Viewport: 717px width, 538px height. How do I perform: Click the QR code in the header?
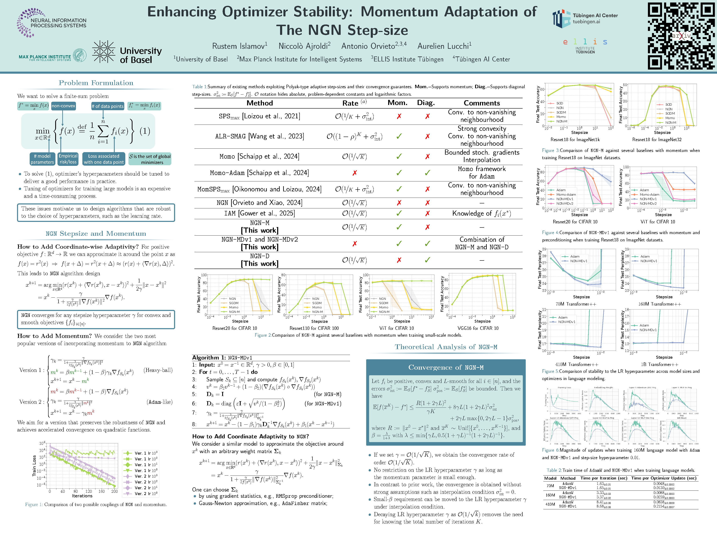pos(681,36)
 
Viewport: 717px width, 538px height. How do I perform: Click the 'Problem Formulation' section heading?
pos(96,83)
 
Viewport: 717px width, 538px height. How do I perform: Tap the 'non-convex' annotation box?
pos(63,106)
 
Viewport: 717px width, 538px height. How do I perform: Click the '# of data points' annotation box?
pos(108,106)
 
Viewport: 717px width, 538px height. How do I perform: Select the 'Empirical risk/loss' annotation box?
pos(68,159)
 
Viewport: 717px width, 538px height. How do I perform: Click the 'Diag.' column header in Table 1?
pos(426,103)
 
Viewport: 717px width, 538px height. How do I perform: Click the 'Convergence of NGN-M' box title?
pos(446,367)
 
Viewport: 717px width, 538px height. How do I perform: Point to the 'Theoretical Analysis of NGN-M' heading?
pos(446,347)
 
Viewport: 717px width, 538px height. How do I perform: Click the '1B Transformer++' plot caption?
pos(659,364)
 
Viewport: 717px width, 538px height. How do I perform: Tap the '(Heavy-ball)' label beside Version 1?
pos(158,370)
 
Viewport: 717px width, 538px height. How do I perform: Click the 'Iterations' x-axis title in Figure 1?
pos(82,496)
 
